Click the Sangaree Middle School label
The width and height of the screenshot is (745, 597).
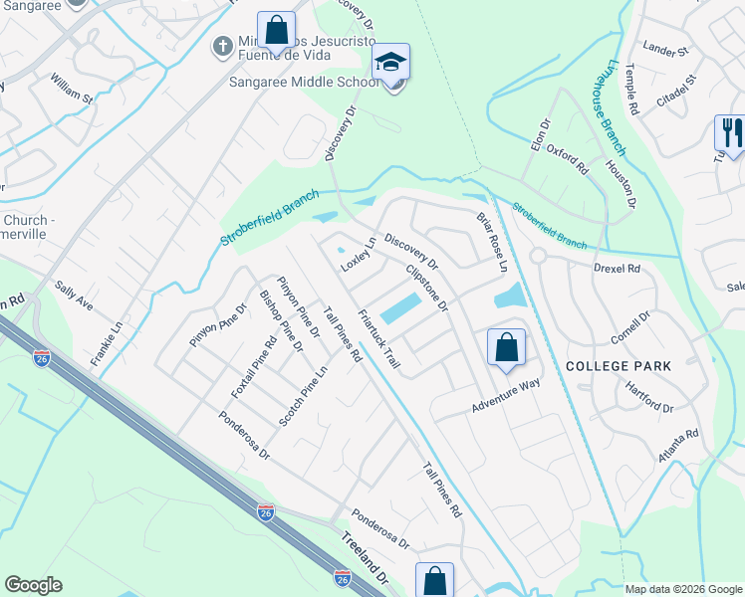click(x=305, y=84)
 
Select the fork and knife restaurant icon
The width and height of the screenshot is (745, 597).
click(x=730, y=133)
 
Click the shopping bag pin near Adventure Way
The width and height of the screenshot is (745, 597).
click(x=506, y=348)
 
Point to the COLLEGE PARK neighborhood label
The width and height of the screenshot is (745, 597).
click(x=612, y=366)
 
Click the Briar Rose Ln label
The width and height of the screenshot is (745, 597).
click(x=492, y=243)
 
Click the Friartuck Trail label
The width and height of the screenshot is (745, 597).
click(x=378, y=341)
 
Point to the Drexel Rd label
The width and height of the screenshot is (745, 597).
click(x=618, y=269)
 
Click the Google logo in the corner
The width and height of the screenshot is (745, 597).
click(x=33, y=585)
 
